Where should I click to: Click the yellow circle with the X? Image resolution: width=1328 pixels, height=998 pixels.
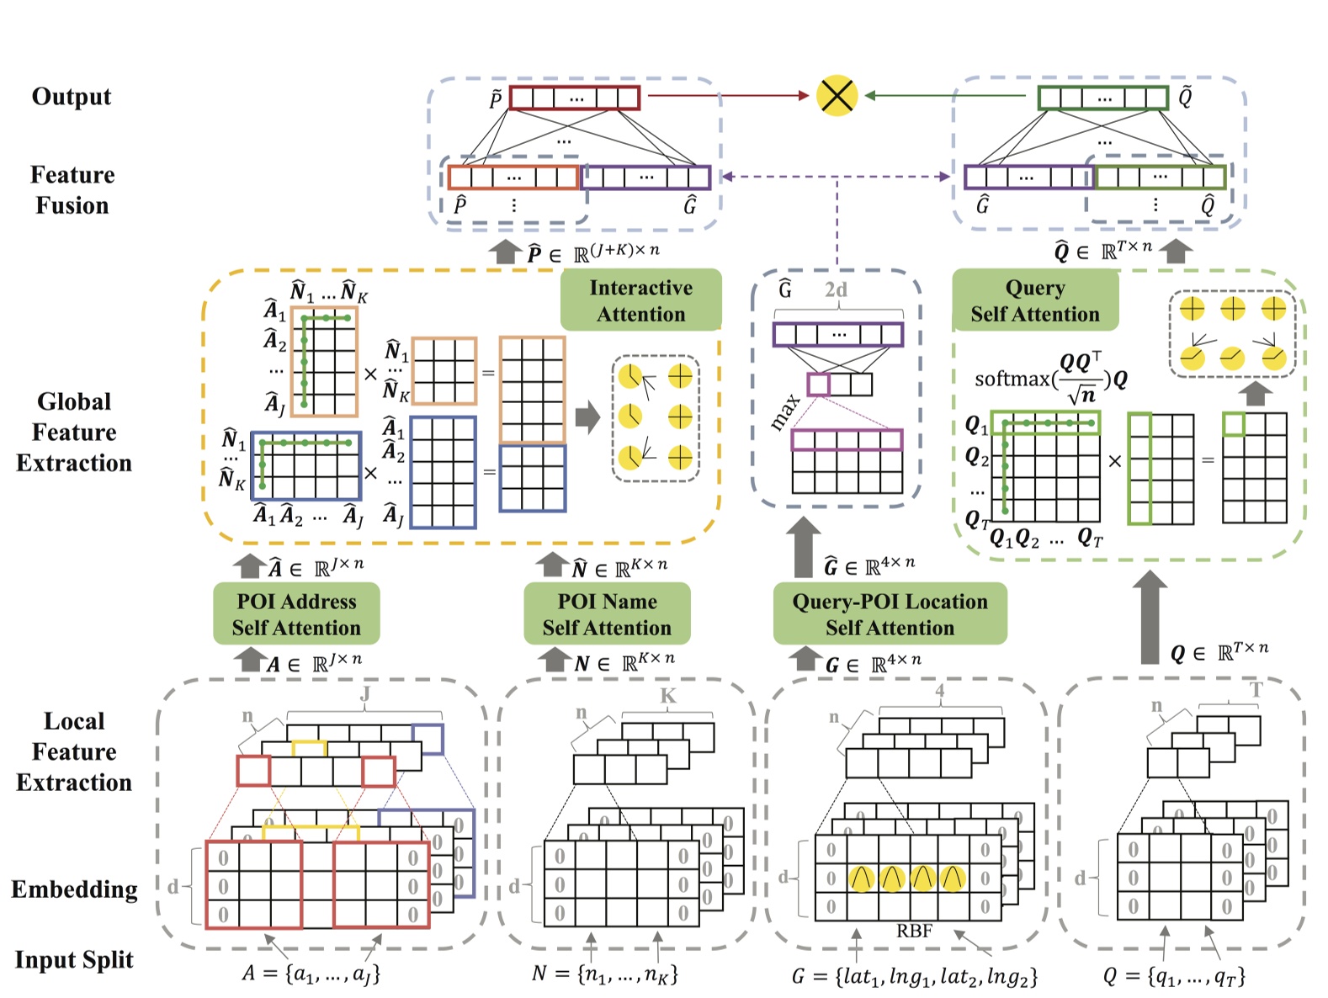[837, 96]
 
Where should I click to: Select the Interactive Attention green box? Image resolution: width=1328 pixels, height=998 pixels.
[641, 300]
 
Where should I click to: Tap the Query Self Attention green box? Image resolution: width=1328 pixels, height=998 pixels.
[1035, 300]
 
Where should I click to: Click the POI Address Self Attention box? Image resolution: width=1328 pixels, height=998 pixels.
[296, 614]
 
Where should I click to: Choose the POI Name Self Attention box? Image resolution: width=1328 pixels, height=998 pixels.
[607, 614]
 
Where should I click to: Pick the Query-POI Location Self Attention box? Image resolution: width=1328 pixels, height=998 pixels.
[890, 614]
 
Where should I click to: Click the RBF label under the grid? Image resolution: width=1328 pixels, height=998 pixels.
[914, 931]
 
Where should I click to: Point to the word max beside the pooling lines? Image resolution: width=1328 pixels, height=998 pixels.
[784, 411]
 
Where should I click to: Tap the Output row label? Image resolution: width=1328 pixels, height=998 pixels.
[72, 97]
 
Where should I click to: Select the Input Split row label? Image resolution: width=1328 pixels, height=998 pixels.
[74, 959]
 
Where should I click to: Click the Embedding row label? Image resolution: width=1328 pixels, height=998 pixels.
[74, 889]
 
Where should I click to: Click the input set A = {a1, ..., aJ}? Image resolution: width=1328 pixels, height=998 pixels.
[311, 974]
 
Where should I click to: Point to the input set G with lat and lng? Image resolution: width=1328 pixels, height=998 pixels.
[915, 976]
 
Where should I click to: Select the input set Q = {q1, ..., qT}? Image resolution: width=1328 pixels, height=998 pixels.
[1174, 976]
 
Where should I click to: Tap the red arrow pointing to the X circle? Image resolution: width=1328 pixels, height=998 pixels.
[728, 96]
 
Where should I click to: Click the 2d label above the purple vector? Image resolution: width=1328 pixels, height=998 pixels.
[836, 290]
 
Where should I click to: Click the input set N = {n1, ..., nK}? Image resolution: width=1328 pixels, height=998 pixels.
[605, 974]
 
